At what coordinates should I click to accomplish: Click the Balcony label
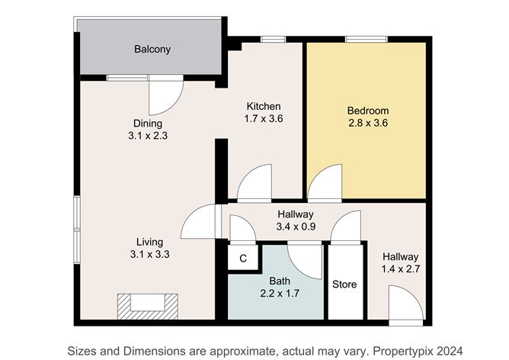coord(152,50)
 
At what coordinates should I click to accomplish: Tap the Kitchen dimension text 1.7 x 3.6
coord(264,119)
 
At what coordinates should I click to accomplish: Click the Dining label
coord(148,124)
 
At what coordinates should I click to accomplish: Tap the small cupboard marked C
coord(243,259)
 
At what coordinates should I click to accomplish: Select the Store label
coord(344,284)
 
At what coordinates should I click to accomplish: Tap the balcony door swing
coord(166,95)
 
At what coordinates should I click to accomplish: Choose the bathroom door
coord(305,259)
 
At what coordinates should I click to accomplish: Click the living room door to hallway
coord(198,223)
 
